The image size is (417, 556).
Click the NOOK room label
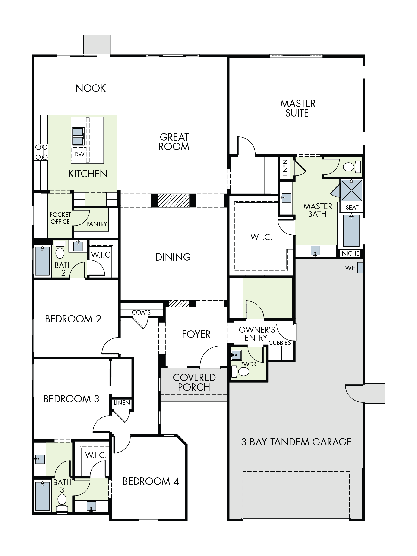point(91,88)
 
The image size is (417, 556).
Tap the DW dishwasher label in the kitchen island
point(79,154)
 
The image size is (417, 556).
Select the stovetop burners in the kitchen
point(41,152)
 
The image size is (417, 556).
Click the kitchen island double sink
point(78,136)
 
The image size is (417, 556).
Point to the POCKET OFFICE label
point(60,218)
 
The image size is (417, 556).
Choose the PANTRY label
point(97,224)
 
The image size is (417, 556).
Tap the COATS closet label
point(141,313)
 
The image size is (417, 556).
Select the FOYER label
point(196,334)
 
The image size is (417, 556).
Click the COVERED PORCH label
point(194,382)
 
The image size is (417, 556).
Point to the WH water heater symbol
point(360,268)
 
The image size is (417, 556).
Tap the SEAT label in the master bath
point(352,208)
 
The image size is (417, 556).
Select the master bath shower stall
point(351,190)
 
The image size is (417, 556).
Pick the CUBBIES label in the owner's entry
point(280,343)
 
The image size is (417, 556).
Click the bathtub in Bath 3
point(42,496)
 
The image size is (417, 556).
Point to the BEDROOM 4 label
point(151,481)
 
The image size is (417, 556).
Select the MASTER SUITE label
point(298,108)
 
